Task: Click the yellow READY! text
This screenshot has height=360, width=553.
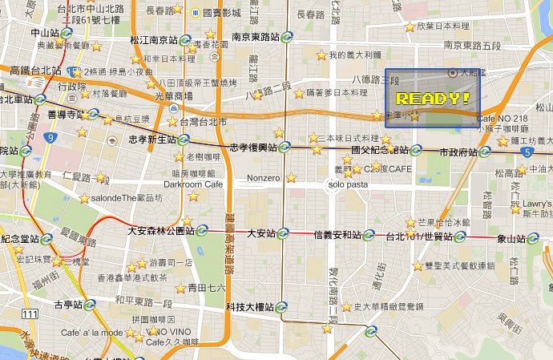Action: pyautogui.click(x=433, y=99)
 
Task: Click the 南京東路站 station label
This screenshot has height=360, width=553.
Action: pyautogui.click(x=255, y=37)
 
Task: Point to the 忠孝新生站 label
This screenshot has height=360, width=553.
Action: pyautogui.click(x=152, y=140)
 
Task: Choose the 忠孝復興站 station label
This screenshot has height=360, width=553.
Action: pyautogui.click(x=253, y=148)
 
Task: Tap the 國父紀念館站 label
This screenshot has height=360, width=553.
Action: pyautogui.click(x=380, y=150)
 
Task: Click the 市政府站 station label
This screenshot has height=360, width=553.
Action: pyautogui.click(x=458, y=152)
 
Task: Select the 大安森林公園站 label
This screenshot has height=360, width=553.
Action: pyautogui.click(x=161, y=231)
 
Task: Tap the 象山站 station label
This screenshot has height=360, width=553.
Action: pyautogui.click(x=511, y=238)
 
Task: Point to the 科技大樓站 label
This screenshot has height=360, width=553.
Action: pyautogui.click(x=250, y=307)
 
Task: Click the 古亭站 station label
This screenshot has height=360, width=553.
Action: pyautogui.click(x=68, y=305)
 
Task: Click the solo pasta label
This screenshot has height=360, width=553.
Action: pyautogui.click(x=347, y=184)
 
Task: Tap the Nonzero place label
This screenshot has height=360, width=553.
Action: pyautogui.click(x=264, y=177)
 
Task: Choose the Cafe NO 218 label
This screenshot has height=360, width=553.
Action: pyautogui.click(x=503, y=119)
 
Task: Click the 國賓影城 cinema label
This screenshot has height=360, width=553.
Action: pyautogui.click(x=221, y=13)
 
